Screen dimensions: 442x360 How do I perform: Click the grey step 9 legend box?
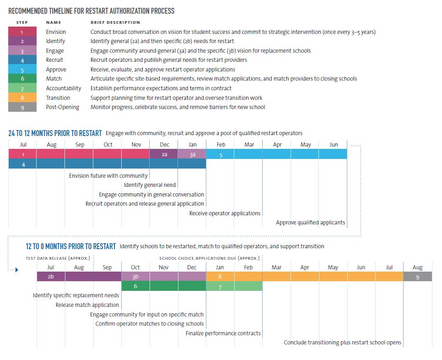click(22, 107)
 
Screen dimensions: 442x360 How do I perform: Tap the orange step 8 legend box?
click(22, 98)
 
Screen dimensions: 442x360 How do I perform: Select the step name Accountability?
click(64, 88)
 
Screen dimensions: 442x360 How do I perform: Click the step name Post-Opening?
click(63, 107)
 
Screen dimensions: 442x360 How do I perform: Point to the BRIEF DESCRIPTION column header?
click(115, 22)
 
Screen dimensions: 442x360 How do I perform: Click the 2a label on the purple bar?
click(164, 154)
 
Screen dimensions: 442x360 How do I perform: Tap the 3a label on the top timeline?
click(193, 155)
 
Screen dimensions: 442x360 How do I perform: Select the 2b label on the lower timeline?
click(51, 277)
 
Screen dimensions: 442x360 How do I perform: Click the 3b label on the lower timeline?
click(135, 277)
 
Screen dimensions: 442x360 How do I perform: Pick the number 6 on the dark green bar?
click(135, 286)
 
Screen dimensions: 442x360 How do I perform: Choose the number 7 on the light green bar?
click(220, 287)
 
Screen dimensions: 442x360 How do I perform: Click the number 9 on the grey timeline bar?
click(417, 278)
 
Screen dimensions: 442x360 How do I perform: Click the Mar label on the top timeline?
click(249, 144)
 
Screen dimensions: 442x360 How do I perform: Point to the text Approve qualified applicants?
click(310, 222)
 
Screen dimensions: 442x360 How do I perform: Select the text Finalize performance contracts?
click(223, 333)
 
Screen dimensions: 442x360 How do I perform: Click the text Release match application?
click(87, 305)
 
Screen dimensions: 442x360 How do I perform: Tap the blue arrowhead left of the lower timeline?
click(17, 270)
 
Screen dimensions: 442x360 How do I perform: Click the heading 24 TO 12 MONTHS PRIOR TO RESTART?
click(55, 133)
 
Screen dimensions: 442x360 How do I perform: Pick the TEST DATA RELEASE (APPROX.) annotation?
click(58, 258)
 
